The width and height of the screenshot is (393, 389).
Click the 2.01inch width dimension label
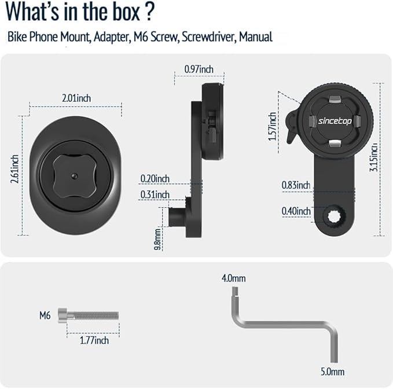coord(76,98)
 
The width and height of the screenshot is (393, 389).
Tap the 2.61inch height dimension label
coord(15,169)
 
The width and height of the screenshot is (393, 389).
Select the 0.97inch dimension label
coord(199,69)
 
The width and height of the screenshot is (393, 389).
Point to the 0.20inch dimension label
coord(155,179)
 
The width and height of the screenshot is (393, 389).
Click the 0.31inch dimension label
coord(155,195)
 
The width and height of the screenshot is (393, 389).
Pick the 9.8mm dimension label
coord(157,239)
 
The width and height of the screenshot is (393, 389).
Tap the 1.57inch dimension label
coord(273,126)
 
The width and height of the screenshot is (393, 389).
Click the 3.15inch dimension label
coord(373,157)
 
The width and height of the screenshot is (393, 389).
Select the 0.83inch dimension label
coord(296,185)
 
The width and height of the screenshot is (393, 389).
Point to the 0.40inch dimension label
coord(296,211)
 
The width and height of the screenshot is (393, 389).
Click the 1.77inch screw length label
coord(94,340)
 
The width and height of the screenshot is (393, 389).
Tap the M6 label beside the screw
coord(45,315)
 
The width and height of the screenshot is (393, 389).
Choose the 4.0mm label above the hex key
coord(234,278)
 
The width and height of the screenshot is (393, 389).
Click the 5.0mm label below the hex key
coord(333,372)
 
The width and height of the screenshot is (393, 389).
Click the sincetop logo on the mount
coord(335,121)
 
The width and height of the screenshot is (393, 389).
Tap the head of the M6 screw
coord(63,315)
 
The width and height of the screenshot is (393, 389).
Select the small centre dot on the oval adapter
coord(74,176)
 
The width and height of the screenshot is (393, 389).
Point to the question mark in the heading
coord(149,12)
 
